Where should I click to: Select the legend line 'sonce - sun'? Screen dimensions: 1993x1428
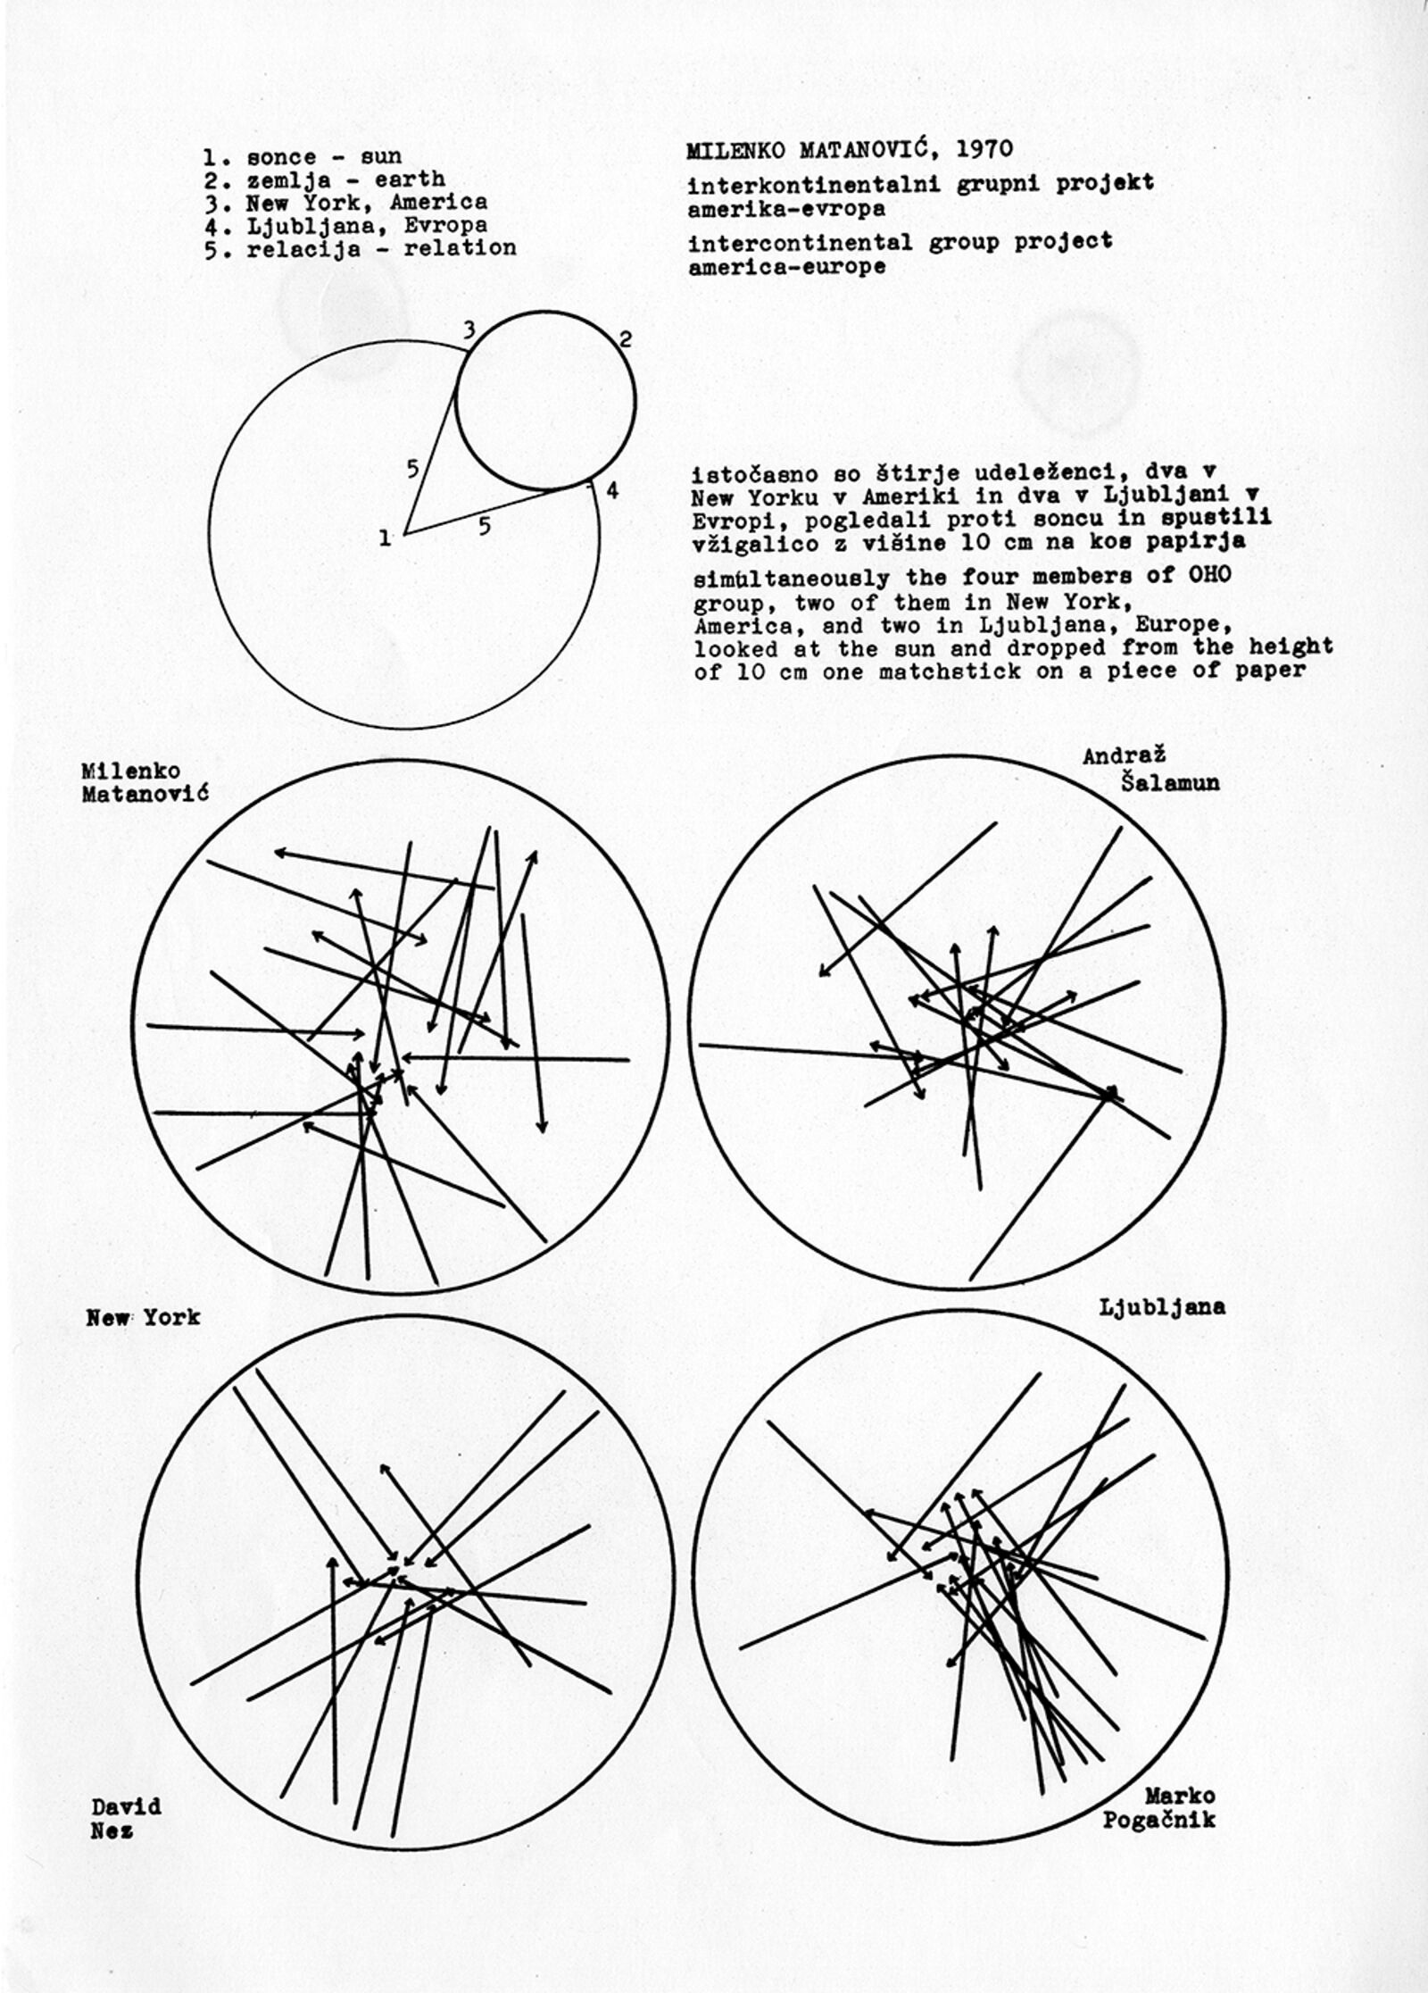click(x=303, y=157)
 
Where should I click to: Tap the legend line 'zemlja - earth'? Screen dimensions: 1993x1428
click(x=325, y=180)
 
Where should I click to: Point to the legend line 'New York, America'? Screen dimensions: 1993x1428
click(x=346, y=204)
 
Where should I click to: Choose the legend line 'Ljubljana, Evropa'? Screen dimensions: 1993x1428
click(x=346, y=226)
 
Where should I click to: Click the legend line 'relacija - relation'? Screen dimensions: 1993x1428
click(x=361, y=248)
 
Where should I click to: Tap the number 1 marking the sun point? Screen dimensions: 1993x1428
click(x=385, y=538)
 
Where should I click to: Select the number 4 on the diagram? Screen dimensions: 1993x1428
click(x=612, y=490)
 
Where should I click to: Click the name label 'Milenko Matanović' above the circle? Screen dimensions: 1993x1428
click(x=145, y=782)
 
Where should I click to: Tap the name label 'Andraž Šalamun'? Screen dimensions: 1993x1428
click(x=1151, y=770)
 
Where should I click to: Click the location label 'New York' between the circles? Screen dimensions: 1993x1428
click(x=143, y=1318)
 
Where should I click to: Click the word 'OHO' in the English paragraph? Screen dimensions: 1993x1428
click(x=1209, y=574)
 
